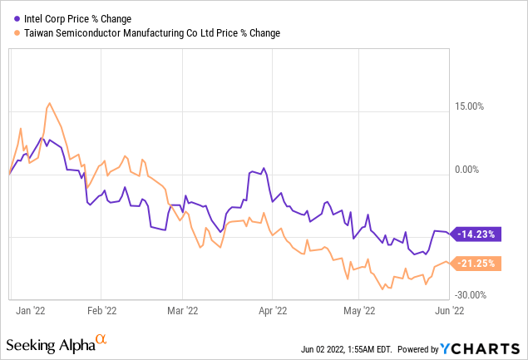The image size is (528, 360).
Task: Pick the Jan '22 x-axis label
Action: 31,311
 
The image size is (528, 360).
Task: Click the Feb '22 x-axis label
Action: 101,311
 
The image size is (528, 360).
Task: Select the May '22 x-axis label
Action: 359,311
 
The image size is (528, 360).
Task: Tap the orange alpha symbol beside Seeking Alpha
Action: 101,339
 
